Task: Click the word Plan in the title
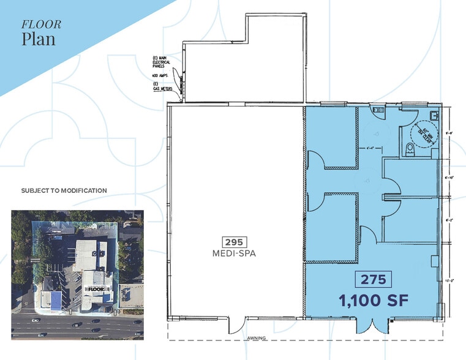38,39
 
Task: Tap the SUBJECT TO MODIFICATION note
64,191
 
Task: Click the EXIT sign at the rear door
377,110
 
